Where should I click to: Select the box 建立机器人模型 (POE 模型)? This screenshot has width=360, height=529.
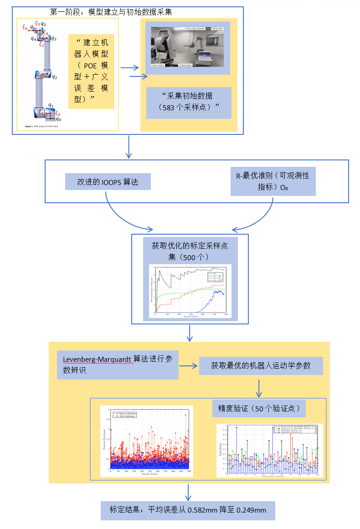point(91,71)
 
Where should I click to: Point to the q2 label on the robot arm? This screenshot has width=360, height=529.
point(54,77)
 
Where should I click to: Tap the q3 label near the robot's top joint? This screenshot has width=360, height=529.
point(54,39)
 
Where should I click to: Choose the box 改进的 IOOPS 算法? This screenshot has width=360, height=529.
point(108,182)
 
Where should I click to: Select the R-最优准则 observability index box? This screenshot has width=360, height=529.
point(273,181)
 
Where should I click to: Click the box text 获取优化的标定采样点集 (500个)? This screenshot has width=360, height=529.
point(190,251)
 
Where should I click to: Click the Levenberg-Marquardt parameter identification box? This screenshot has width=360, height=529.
point(118,365)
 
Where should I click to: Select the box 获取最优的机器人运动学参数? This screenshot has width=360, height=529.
point(261,365)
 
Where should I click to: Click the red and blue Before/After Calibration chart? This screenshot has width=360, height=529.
point(147,441)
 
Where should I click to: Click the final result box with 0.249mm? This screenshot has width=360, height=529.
point(188,510)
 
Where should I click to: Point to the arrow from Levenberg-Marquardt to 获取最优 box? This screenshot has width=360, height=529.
point(188,366)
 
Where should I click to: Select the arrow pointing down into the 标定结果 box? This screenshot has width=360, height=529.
point(188,493)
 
